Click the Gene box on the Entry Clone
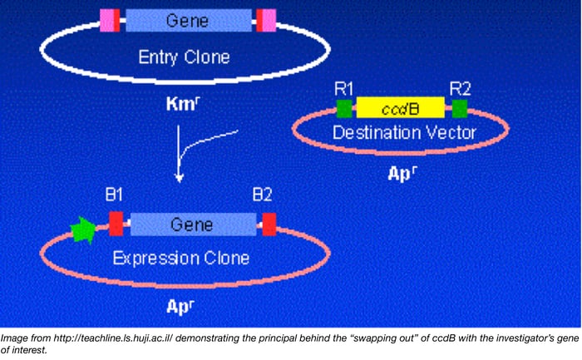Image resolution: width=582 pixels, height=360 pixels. click(188, 20)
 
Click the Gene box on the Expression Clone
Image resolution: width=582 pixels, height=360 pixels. click(192, 224)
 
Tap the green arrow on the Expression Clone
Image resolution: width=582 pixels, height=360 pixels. click(84, 230)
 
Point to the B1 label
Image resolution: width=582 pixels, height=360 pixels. click(115, 197)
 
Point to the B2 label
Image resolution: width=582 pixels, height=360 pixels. click(263, 197)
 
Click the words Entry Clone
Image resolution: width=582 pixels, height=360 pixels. click(184, 57)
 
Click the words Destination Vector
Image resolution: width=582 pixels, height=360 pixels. click(403, 132)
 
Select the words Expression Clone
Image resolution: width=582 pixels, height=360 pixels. click(181, 258)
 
